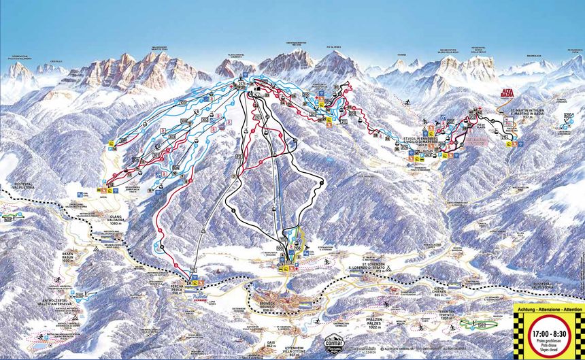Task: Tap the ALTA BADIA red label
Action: click(511, 93)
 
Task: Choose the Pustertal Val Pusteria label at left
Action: click(24, 186)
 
